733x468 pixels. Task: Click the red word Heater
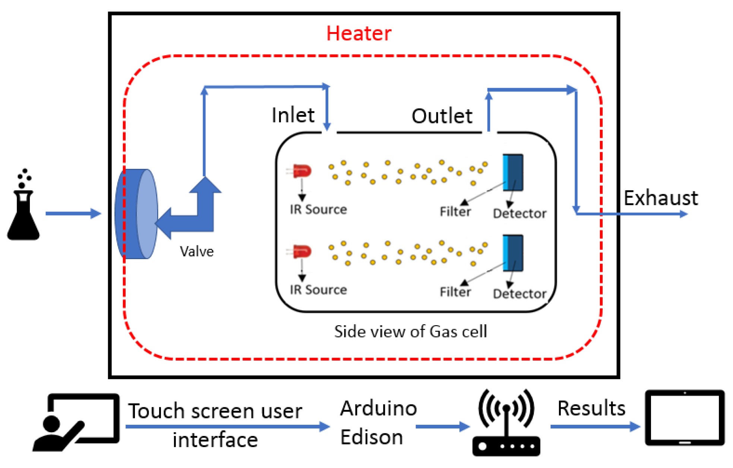(x=358, y=34)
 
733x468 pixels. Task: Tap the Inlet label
(x=293, y=115)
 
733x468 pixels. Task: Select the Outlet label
(x=442, y=116)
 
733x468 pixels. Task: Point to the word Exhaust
(x=661, y=198)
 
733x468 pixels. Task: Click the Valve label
(x=197, y=251)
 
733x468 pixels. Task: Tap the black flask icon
(x=23, y=204)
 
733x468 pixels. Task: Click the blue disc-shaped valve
(x=136, y=214)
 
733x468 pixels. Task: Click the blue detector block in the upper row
(x=513, y=172)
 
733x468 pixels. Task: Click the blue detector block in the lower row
(x=513, y=253)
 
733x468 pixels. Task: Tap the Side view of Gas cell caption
(x=410, y=331)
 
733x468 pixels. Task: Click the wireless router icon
(x=506, y=422)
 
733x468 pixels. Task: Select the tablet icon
(x=685, y=418)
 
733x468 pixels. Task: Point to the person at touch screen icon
(x=76, y=423)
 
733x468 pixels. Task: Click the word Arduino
(x=378, y=408)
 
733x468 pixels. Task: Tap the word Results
(x=591, y=408)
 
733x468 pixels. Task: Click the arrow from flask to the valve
(x=73, y=214)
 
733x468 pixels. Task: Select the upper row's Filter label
(x=455, y=212)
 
